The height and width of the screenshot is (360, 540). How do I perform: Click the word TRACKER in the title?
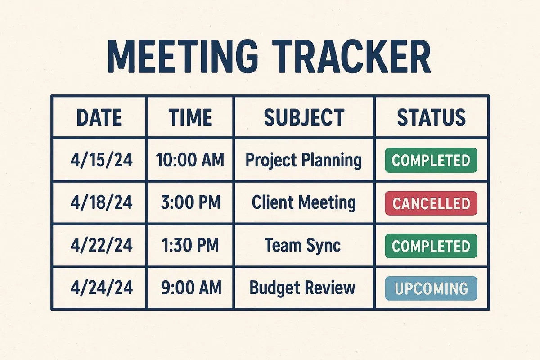click(x=351, y=56)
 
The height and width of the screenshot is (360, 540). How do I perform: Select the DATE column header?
click(x=99, y=117)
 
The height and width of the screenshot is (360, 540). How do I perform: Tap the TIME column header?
click(x=190, y=117)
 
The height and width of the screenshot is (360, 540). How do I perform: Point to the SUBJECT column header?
click(x=304, y=117)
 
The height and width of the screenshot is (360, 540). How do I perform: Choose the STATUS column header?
click(x=431, y=117)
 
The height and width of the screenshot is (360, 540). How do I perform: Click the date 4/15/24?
click(x=102, y=160)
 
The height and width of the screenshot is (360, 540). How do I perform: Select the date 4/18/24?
click(x=102, y=202)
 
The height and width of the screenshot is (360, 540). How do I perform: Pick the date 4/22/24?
click(x=102, y=245)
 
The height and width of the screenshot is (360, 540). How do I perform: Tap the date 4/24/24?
click(x=102, y=288)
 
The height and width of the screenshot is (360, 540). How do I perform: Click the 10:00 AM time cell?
click(x=190, y=160)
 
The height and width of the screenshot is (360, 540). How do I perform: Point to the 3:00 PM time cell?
click(x=191, y=202)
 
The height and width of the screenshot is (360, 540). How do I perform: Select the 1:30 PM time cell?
click(x=190, y=245)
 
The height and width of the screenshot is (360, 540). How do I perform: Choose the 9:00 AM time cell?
click(x=191, y=288)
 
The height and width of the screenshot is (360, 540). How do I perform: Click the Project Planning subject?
click(x=303, y=160)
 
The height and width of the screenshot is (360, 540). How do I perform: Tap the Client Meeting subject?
click(x=304, y=203)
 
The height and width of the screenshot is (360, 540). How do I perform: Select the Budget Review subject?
click(x=302, y=288)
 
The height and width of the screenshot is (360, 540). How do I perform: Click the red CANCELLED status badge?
click(x=431, y=203)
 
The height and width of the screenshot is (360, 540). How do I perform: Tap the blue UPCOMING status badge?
click(x=431, y=288)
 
